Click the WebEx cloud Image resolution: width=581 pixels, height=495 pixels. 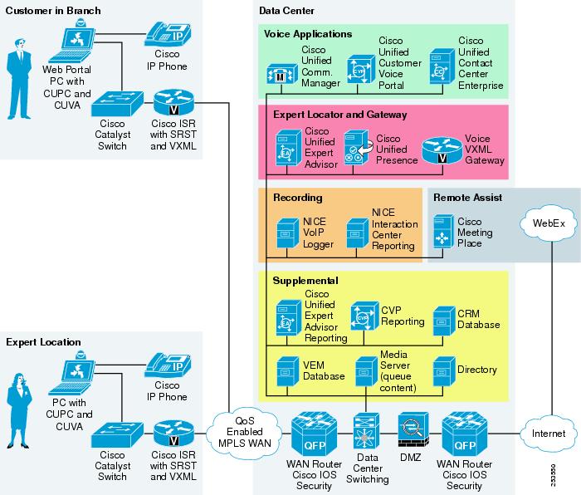(549, 223)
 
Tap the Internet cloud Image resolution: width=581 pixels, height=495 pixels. (549, 434)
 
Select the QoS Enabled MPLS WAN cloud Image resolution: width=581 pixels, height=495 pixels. (245, 432)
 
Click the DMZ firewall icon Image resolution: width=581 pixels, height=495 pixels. (413, 429)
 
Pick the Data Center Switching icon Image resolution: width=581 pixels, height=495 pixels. (367, 432)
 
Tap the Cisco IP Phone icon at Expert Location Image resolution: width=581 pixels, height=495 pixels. (168, 365)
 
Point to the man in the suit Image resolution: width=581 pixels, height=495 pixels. (19, 79)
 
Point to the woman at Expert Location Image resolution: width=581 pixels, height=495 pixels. (19, 410)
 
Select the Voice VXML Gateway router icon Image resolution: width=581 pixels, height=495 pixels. (442, 150)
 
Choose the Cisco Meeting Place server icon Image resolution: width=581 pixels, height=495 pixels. (443, 232)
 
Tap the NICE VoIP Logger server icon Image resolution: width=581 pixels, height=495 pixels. (287, 233)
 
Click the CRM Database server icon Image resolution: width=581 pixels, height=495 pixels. (444, 321)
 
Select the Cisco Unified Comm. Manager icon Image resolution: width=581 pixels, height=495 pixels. (282, 74)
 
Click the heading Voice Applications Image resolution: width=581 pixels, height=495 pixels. (308, 34)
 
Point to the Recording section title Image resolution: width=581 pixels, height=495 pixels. (297, 198)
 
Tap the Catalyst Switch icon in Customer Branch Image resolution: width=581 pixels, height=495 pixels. (117, 104)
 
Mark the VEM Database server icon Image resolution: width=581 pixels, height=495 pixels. (287, 371)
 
